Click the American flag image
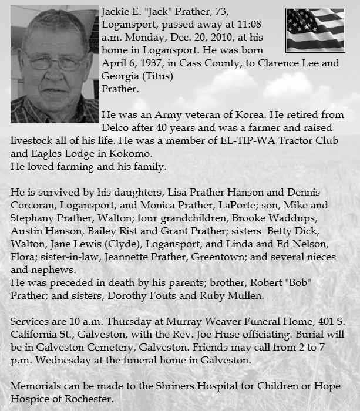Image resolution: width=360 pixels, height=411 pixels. [x=314, y=29]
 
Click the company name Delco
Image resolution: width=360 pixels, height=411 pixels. [x=115, y=129]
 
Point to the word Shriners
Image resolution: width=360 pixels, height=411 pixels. [x=146, y=386]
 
